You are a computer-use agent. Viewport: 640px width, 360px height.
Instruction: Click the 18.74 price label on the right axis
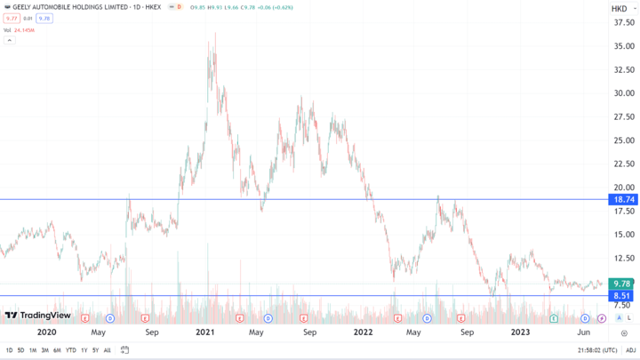pos(621,200)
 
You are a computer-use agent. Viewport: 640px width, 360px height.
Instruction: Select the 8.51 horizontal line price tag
pos(621,296)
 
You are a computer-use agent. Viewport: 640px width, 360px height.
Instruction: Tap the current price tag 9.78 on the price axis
pos(621,284)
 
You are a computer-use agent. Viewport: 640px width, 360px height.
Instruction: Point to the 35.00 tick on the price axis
pos(622,46)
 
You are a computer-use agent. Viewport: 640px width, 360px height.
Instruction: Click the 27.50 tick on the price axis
pos(622,116)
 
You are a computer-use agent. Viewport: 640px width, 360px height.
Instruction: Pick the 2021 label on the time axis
pos(205,332)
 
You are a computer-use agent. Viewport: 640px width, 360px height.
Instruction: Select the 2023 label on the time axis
pos(520,332)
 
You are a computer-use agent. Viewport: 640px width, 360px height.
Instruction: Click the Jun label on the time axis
pos(584,332)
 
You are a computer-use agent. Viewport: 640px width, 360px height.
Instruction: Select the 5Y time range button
pos(95,350)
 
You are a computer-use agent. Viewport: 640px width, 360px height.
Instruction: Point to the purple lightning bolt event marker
pos(602,317)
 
